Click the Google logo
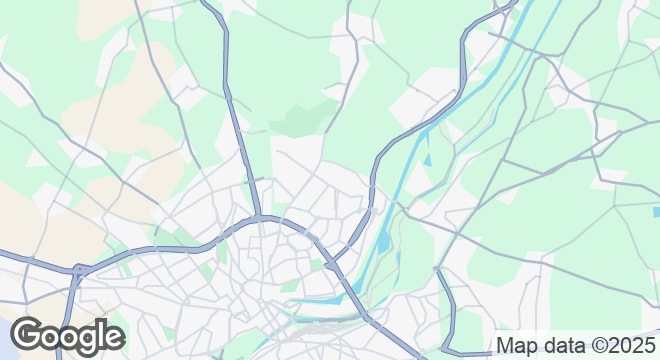pos(67,334)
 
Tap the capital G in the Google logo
pos(28,334)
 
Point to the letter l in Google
pos(99,333)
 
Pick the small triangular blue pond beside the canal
pos(427,158)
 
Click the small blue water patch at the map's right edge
pos(655,211)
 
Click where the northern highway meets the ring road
pos(258,216)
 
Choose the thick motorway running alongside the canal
pos(374,180)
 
